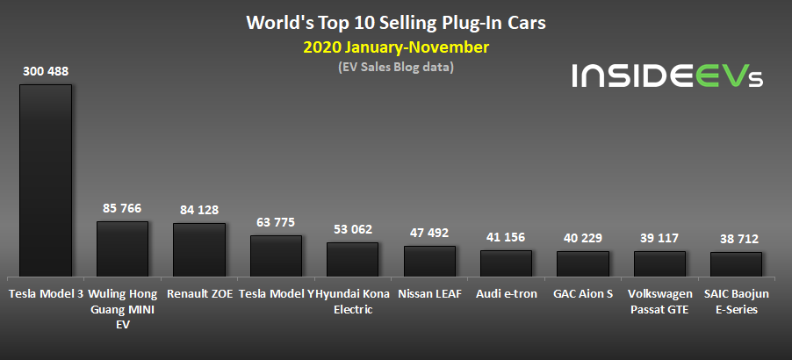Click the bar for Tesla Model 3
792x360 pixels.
[x=46, y=180]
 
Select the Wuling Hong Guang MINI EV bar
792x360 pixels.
[x=122, y=248]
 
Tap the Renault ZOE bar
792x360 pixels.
[x=199, y=249]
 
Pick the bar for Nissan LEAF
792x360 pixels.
[x=429, y=261]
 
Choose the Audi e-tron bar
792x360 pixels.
[x=506, y=263]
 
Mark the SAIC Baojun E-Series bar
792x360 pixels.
[x=736, y=264]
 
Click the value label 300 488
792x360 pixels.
[x=46, y=69]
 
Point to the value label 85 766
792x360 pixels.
[x=122, y=208]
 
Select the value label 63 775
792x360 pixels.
[x=276, y=221]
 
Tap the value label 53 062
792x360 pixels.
[x=353, y=228]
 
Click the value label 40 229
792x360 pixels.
[x=583, y=237]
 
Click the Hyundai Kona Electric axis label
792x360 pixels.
[x=353, y=301]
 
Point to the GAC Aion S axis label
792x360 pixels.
[x=583, y=294]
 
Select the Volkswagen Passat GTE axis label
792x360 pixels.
[x=659, y=301]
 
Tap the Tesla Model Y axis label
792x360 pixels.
[x=276, y=294]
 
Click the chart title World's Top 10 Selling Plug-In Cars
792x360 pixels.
[x=395, y=21]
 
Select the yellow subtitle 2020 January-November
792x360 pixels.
[x=395, y=47]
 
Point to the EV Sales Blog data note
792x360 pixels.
[x=395, y=67]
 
